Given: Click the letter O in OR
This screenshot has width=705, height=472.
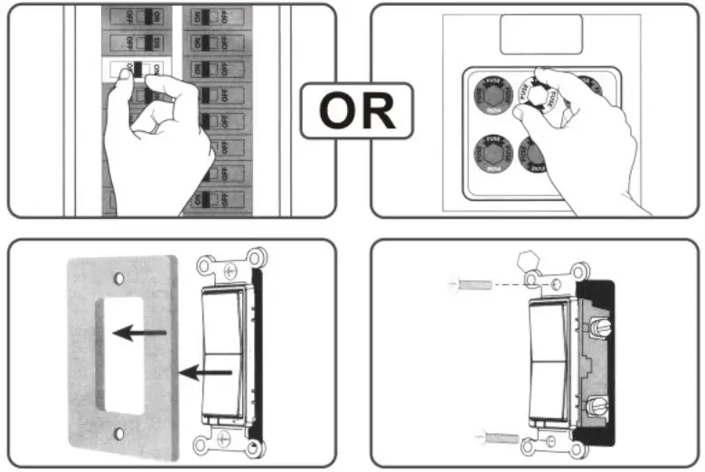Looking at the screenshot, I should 337,110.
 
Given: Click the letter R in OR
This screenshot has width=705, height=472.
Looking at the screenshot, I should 378,110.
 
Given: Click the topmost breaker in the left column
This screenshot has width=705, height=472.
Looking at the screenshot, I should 136,16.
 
